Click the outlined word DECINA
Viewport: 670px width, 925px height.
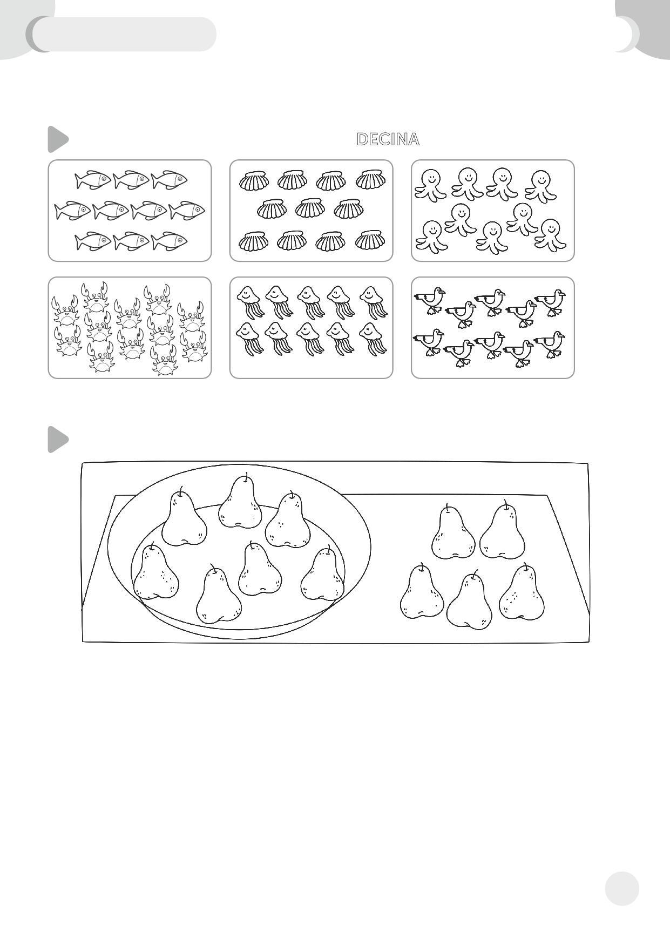click(388, 139)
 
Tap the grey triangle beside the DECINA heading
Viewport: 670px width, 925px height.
click(58, 139)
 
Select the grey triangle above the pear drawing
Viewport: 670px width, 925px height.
click(58, 440)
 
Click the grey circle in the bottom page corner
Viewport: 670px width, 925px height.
click(622, 888)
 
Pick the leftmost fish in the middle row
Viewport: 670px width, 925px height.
click(73, 211)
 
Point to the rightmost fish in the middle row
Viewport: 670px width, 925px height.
click(187, 211)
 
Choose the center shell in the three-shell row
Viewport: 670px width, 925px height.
click(310, 208)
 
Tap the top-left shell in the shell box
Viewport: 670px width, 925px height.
click(253, 180)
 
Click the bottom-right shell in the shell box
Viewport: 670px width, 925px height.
click(370, 240)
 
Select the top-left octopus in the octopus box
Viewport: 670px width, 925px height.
click(431, 185)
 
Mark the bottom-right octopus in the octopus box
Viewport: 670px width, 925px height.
click(551, 235)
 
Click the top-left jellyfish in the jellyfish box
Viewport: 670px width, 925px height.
click(250, 303)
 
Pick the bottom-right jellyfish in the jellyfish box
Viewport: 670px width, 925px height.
click(373, 339)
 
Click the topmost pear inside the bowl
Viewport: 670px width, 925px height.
click(240, 501)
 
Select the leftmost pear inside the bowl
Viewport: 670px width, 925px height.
click(156, 571)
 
